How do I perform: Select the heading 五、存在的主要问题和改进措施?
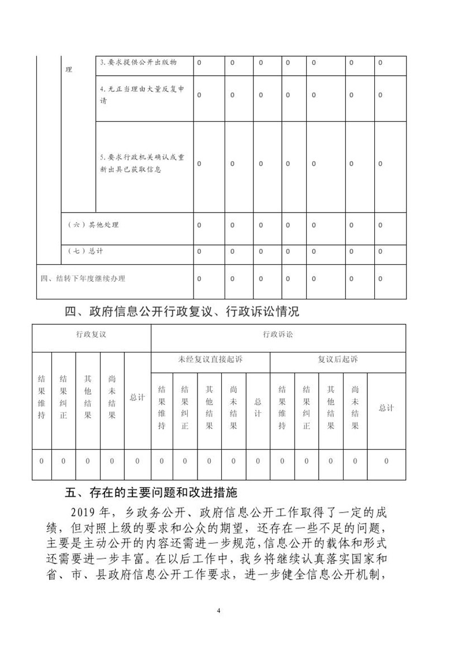(x=150, y=493)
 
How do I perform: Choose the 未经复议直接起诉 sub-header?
(x=210, y=359)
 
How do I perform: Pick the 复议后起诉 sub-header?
(x=338, y=359)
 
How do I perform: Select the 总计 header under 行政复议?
(x=137, y=398)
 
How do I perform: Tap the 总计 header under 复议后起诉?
(x=386, y=407)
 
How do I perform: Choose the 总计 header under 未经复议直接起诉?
(x=258, y=407)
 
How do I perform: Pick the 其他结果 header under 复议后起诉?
(x=331, y=407)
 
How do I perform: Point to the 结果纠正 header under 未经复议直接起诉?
(x=185, y=407)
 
